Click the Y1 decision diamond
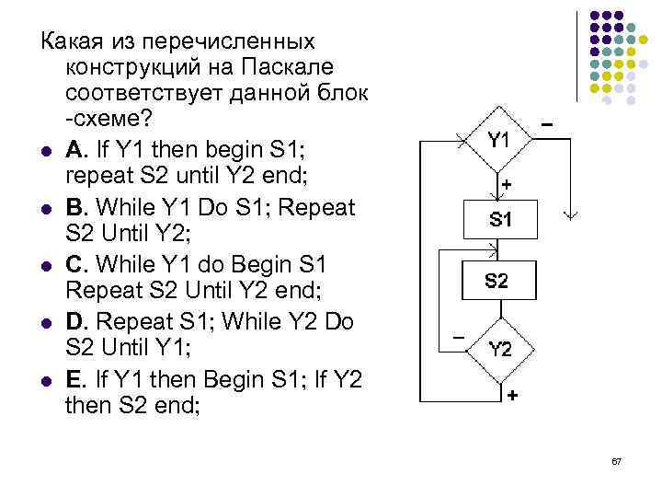(497, 141)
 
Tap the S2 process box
(496, 282)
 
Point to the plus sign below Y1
(506, 185)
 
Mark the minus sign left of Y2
(457, 337)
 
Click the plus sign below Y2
(510, 394)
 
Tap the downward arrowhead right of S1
(571, 216)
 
